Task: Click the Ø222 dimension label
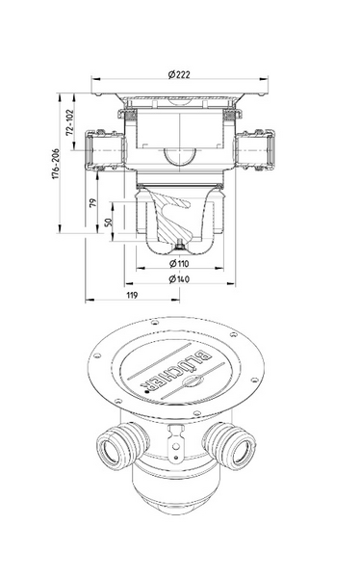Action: [x=179, y=74]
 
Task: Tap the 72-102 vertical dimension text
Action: [x=70, y=122]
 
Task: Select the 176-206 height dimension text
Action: [x=55, y=164]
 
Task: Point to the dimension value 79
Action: [x=92, y=202]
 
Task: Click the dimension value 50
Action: [x=109, y=222]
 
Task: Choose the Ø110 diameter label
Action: [x=179, y=263]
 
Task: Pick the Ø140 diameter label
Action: [x=179, y=279]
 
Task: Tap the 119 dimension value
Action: [x=132, y=295]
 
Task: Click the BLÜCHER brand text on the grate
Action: [x=176, y=369]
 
